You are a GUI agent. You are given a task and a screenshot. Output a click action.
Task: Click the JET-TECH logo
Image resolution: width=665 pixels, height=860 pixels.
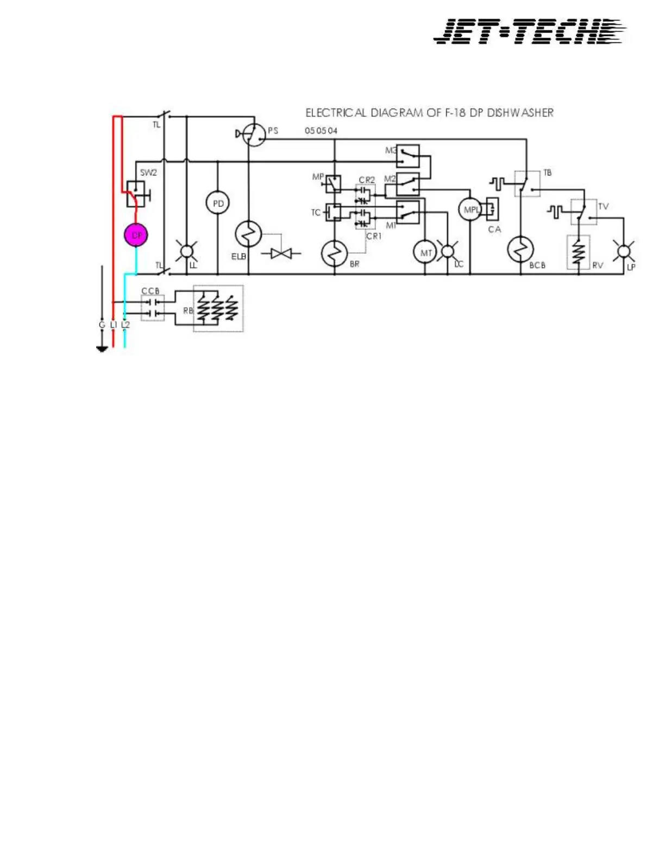[530, 31]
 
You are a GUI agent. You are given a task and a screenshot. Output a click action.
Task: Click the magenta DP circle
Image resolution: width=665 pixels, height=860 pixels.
[136, 235]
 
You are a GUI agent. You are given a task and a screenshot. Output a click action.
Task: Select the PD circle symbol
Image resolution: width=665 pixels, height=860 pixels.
[218, 204]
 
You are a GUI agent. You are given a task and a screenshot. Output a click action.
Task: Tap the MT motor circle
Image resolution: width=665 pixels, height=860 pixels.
[425, 252]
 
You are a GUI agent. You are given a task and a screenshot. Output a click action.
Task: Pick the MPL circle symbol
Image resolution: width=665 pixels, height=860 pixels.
[470, 210]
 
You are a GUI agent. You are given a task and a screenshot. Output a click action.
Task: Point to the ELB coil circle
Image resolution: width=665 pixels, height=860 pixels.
[248, 235]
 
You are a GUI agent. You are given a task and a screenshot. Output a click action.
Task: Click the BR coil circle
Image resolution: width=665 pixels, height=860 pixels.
[335, 253]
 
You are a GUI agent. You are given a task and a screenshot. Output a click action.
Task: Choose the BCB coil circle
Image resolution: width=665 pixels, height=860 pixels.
[520, 250]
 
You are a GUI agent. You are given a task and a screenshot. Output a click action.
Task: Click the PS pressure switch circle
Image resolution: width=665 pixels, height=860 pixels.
[254, 134]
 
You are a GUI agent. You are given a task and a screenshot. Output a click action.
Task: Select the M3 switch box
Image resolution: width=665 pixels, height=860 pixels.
[408, 156]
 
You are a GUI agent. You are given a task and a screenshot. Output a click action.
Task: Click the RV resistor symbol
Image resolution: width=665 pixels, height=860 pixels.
[579, 252]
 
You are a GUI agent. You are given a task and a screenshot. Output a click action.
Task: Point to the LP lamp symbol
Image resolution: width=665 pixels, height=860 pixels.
[624, 251]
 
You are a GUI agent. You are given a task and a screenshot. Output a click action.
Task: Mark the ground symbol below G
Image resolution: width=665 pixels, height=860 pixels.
[102, 349]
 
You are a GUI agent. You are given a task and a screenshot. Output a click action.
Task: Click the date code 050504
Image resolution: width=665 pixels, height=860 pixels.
[321, 131]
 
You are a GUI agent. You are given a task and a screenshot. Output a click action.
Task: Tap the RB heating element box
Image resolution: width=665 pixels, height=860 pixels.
[218, 308]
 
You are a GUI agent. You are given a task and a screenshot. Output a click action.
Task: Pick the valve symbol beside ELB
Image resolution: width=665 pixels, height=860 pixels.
[281, 253]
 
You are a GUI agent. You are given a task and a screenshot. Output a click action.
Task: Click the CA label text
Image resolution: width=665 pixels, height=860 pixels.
[494, 230]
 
